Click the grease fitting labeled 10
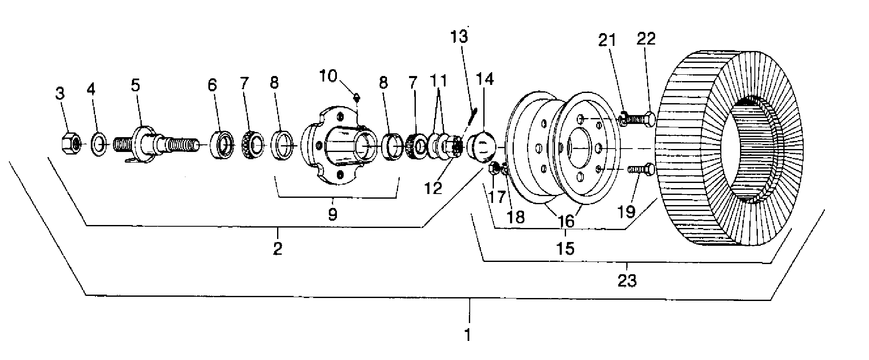pos(358,98)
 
